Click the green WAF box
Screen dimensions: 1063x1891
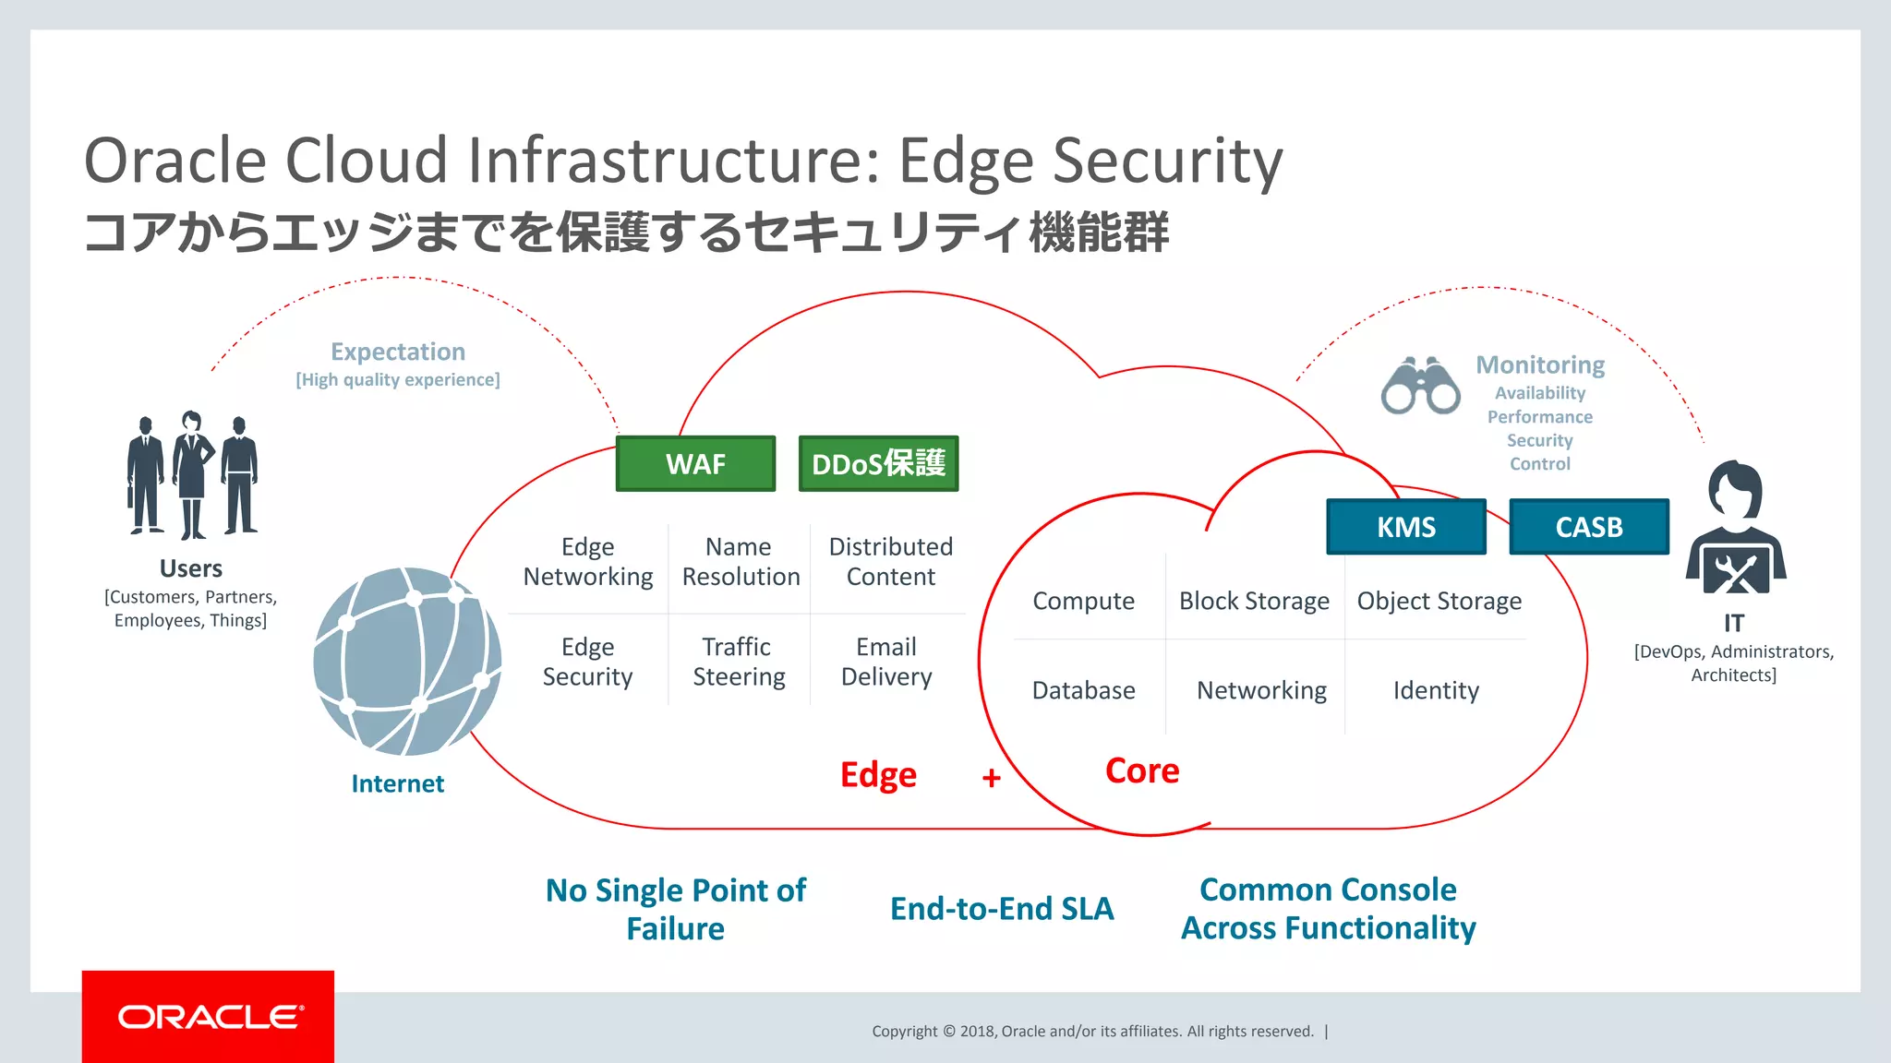coord(695,463)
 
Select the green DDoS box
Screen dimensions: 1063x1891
coord(878,463)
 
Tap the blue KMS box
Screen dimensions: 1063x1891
coord(1406,527)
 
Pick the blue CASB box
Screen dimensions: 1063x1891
coord(1589,527)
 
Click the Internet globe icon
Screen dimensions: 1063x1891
coord(407,661)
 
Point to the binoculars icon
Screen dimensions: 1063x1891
coord(1420,386)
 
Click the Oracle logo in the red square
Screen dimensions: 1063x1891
coord(209,1017)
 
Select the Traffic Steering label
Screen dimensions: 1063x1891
coord(739,662)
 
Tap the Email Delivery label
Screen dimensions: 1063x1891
coord(886,662)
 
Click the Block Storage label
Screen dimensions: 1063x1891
coord(1254,601)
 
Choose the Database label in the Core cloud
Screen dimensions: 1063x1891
coord(1083,690)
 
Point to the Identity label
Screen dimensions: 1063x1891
coord(1436,690)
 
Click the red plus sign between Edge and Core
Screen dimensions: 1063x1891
coord(992,778)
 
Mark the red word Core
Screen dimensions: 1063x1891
coord(1142,770)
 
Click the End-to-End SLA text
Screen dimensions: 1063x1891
coord(1002,909)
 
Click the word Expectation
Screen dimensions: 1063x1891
coord(398,352)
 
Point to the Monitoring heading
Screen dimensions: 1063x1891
coord(1540,365)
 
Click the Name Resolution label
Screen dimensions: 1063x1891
coord(741,561)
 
